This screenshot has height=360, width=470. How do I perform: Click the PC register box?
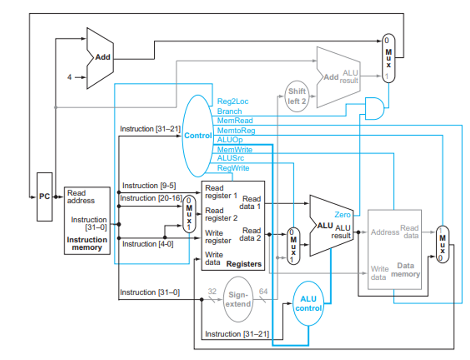(45, 197)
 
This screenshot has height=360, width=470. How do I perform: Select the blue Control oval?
(197, 136)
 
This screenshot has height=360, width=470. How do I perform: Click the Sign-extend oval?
(238, 300)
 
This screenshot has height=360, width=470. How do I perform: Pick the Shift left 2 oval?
(297, 96)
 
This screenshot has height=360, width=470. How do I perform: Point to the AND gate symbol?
(375, 108)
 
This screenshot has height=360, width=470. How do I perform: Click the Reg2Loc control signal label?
(232, 102)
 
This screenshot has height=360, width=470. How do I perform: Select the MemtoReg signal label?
(236, 130)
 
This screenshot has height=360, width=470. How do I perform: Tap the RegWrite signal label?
(233, 168)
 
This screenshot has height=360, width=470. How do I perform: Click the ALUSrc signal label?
(230, 159)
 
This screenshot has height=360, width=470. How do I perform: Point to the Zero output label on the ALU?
(343, 215)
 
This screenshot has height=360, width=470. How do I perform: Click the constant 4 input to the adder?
(70, 78)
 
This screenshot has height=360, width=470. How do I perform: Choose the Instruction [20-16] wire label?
(151, 198)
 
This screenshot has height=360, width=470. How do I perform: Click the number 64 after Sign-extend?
(263, 291)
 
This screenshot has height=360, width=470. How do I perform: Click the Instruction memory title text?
(87, 244)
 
